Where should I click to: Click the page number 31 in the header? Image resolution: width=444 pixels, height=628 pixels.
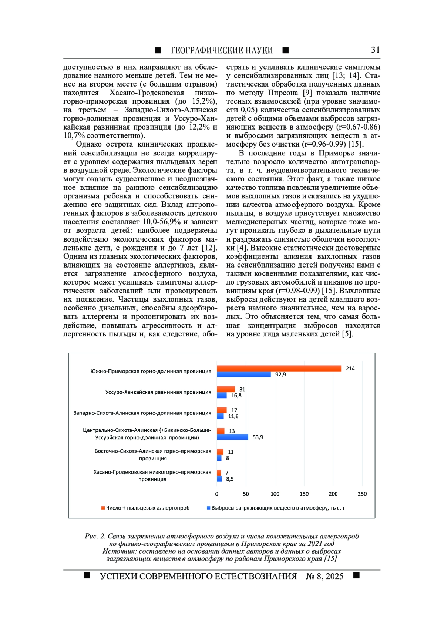click(x=375, y=50)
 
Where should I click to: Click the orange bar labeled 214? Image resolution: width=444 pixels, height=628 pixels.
click(x=279, y=368)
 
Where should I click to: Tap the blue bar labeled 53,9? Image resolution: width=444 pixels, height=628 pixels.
click(x=232, y=437)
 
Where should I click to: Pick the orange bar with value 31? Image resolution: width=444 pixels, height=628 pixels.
click(x=226, y=389)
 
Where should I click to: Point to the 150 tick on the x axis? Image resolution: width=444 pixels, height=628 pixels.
click(x=304, y=494)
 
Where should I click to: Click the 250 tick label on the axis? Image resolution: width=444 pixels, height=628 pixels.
click(x=362, y=494)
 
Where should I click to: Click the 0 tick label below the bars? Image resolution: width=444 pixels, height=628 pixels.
click(x=217, y=494)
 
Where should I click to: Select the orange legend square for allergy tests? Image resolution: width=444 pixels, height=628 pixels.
click(x=103, y=508)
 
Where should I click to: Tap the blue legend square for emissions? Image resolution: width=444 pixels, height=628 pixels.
click(x=208, y=508)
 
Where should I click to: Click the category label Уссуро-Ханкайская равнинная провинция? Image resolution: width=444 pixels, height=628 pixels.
click(x=158, y=392)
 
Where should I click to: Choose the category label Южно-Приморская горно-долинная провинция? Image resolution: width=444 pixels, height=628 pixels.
click(x=151, y=371)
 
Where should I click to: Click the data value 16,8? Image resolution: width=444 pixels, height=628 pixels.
click(x=236, y=396)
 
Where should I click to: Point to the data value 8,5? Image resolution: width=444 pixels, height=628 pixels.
click(x=230, y=479)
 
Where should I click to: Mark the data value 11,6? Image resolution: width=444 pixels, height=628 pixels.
click(x=233, y=416)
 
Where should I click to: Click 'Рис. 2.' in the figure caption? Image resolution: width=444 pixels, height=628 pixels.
click(x=95, y=536)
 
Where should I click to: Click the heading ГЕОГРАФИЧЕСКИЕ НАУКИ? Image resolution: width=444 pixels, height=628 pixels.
click(x=222, y=50)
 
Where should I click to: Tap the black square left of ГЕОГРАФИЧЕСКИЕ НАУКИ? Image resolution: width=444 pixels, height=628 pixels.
click(x=158, y=50)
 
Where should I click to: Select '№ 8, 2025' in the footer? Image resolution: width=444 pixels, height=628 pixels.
click(x=324, y=576)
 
